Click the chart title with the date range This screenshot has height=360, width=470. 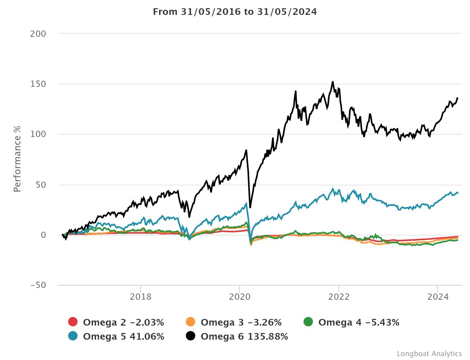pos(235,12)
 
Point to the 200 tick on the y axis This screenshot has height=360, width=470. pos(38,34)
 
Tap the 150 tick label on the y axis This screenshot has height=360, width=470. pos(39,84)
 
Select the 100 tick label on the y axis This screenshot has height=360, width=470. pos(39,134)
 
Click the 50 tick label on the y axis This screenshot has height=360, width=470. pos(41,185)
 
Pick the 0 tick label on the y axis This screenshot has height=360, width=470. pos(43,235)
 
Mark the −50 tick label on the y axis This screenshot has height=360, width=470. pos(38,285)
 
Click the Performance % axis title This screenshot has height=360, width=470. pos(17,158)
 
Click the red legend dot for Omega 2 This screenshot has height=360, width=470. pos(73,322)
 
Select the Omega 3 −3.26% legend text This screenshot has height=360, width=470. pos(241,322)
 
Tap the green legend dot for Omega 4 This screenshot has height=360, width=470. pos(308,322)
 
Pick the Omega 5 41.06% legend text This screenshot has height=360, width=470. pos(123,337)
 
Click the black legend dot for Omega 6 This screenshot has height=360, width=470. pos(191,337)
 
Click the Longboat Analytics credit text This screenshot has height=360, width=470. pos(429,353)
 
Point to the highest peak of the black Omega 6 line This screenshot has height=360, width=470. pos(333,82)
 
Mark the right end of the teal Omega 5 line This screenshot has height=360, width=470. pos(457,193)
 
